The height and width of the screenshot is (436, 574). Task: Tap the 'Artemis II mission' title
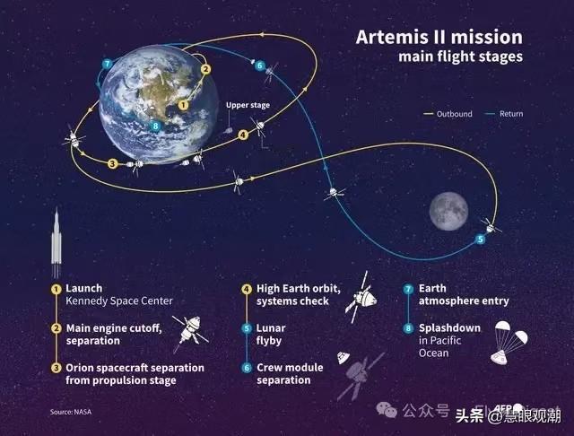pos(439,39)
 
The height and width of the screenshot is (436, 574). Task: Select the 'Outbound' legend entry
pos(440,114)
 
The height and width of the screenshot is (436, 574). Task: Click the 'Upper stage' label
pos(248,105)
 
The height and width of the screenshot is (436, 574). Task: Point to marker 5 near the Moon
pos(480,240)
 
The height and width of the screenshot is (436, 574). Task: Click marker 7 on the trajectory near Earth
pos(107,64)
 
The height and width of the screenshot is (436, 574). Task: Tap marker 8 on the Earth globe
pos(156,126)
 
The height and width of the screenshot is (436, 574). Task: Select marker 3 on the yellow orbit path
pos(112,163)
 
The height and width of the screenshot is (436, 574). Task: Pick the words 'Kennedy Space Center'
pos(118,301)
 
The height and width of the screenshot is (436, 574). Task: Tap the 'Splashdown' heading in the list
pos(448,328)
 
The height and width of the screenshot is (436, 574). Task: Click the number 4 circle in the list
pos(246,289)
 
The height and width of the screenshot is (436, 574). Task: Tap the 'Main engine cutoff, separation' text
pos(114,335)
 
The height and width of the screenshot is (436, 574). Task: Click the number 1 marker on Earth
pos(183,104)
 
